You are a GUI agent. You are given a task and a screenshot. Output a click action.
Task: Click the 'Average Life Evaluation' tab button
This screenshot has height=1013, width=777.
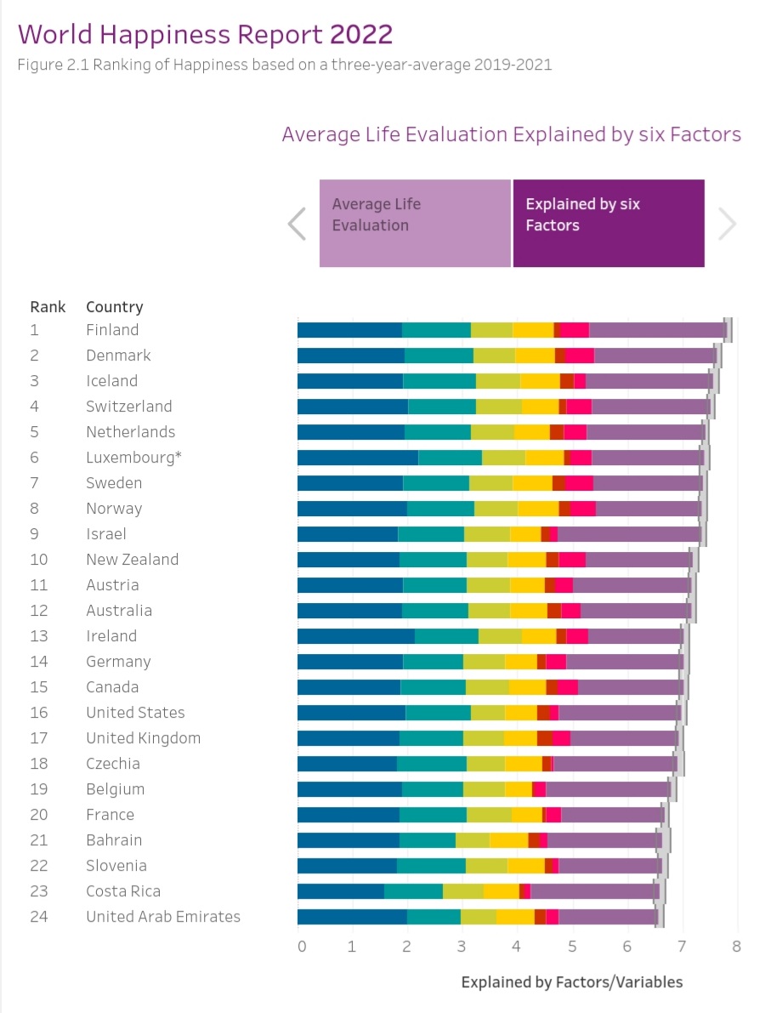click(x=415, y=224)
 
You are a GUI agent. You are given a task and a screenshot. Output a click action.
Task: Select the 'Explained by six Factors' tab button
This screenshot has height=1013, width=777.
click(x=609, y=224)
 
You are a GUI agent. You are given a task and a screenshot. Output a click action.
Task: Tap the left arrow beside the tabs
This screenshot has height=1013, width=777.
click(x=297, y=225)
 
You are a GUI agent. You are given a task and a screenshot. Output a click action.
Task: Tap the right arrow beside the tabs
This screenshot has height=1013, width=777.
click(x=727, y=225)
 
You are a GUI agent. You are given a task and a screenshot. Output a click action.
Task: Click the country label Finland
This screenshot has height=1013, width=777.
click(x=112, y=330)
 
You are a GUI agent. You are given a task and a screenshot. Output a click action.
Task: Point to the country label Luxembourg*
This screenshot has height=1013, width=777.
click(x=133, y=458)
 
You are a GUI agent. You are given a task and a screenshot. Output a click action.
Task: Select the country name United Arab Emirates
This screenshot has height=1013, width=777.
click(x=163, y=917)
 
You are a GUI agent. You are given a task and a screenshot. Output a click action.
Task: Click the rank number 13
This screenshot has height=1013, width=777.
click(x=39, y=636)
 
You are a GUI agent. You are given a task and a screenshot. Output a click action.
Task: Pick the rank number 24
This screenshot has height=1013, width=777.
click(x=39, y=917)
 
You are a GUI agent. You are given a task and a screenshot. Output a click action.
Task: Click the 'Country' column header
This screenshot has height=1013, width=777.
click(x=115, y=307)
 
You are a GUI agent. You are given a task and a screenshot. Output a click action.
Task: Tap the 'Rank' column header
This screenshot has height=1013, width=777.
click(x=48, y=307)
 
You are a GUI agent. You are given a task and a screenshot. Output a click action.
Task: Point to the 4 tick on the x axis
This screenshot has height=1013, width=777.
click(x=517, y=947)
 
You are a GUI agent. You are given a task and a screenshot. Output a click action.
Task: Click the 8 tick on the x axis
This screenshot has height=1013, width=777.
click(x=736, y=947)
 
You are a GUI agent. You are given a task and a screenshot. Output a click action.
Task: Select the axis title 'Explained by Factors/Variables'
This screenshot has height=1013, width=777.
click(x=571, y=982)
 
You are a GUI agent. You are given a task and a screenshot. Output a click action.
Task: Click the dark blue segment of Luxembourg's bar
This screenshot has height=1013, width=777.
click(x=357, y=458)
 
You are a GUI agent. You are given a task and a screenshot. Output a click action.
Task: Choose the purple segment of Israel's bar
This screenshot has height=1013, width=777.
click(x=629, y=534)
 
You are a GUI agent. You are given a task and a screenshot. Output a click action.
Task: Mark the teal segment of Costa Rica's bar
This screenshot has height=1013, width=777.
click(x=413, y=891)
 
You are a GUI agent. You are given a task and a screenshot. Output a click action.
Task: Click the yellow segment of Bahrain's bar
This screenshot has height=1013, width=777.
click(x=508, y=840)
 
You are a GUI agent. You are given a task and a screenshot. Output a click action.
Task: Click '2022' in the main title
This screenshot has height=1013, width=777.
click(x=361, y=34)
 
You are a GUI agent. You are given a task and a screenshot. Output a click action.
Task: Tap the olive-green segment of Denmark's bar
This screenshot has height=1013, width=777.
click(x=494, y=356)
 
